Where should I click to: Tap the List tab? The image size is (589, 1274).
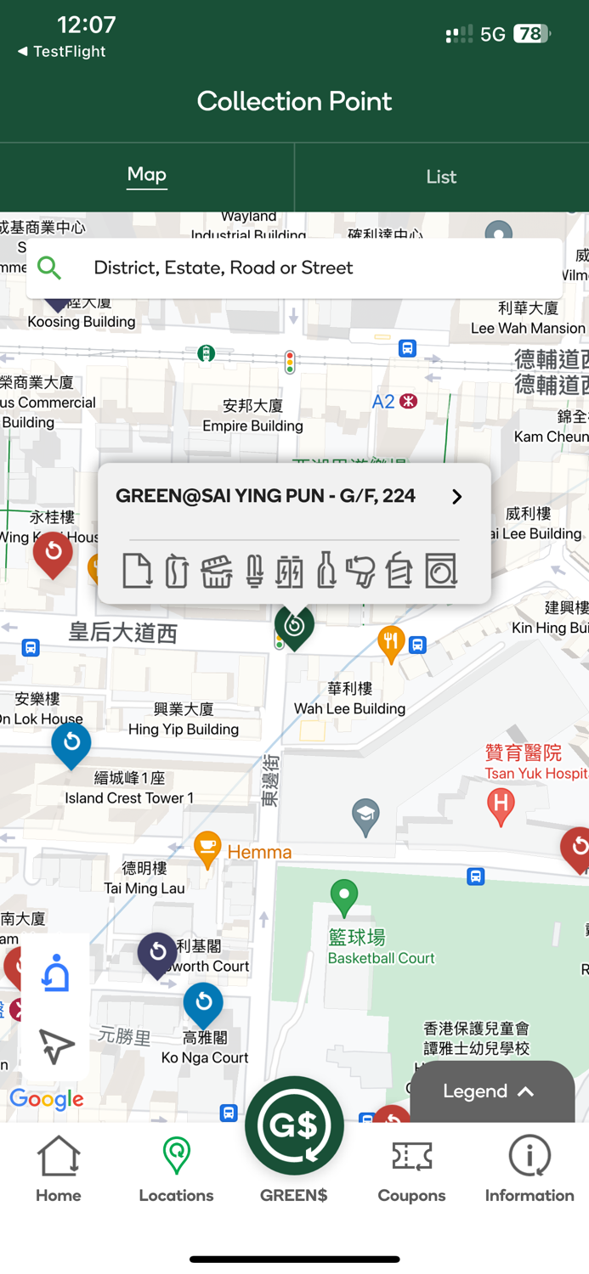[x=441, y=177]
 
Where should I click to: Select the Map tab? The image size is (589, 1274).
[x=147, y=175]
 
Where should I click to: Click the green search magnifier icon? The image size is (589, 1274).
[x=49, y=268]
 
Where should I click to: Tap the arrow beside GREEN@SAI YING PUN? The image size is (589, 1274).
[x=456, y=497]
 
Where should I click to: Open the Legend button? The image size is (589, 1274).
[x=490, y=1091]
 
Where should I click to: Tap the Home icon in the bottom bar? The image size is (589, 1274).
[x=59, y=1169]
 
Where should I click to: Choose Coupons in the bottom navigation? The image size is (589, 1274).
[x=411, y=1169]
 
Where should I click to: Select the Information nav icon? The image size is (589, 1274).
[x=530, y=1169]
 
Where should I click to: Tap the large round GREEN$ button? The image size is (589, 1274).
[x=294, y=1126]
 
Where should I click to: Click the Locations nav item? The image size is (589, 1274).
[x=176, y=1169]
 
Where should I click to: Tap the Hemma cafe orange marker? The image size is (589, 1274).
[x=207, y=848]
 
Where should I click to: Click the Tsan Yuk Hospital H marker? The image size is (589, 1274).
[x=501, y=803]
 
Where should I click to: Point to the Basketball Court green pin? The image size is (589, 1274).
[x=344, y=896]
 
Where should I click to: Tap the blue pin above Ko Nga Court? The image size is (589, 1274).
[x=203, y=1005]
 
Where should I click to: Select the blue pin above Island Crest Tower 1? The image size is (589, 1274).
[x=71, y=744]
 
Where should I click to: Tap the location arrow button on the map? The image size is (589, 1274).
[x=56, y=1046]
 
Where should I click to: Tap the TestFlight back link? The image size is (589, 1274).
[x=61, y=52]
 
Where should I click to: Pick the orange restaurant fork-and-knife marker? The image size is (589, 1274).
[x=390, y=642]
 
